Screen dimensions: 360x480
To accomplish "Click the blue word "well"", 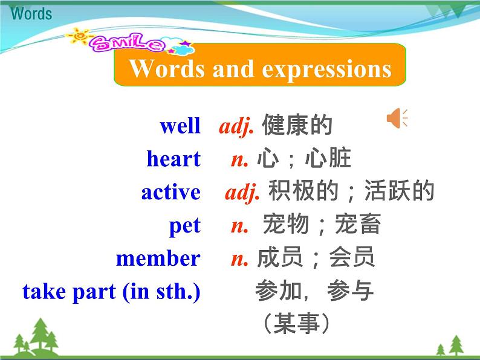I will pos(180,126).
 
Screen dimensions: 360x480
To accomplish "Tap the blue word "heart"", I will pos(173,159).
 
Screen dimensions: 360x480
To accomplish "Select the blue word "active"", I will pos(170,192).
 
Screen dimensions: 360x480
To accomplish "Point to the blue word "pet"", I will pos(184,226).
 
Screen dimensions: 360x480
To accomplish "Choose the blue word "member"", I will pos(158,259).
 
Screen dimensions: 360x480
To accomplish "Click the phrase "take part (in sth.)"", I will pos(111,292).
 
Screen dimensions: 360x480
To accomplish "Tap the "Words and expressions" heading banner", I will pos(260,69).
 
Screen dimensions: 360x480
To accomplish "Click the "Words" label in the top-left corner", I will pos(31,13).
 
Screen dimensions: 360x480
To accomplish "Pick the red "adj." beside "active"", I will pos(242,192).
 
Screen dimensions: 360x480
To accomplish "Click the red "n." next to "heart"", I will pos(240,159).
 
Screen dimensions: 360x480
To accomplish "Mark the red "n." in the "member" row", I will pos(240,259).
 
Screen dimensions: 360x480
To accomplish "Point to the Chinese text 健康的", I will pos(297,126).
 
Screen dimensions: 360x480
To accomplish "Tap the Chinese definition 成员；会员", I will pos(316,258).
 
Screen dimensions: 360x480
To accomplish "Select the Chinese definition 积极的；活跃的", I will pos(351,191).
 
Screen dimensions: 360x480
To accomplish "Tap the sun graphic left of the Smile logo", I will pos(79,37).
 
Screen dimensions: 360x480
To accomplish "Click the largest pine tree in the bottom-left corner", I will pos(41,334).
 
